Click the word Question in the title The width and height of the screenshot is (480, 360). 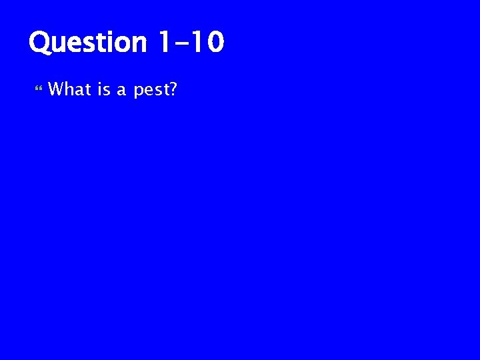point(87,43)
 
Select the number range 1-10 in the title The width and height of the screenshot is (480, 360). point(191,43)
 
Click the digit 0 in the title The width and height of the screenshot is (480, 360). point(215,43)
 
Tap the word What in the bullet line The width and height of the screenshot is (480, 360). point(70,89)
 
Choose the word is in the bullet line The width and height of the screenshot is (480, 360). point(104,89)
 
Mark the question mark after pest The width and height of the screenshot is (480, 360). point(172,89)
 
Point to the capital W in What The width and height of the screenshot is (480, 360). point(56,89)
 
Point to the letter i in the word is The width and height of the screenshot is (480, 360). point(100,89)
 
